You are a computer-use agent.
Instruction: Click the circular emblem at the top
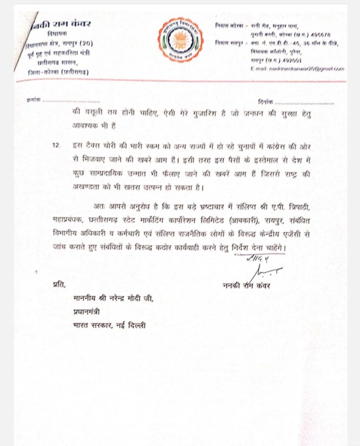pos(180,40)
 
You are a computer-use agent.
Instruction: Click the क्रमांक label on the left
pos(33,100)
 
